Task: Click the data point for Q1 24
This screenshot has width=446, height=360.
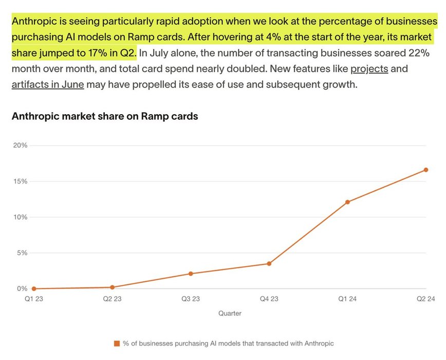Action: (x=347, y=202)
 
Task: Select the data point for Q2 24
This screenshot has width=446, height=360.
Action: (x=426, y=170)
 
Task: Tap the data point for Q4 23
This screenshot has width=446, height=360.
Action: (x=269, y=264)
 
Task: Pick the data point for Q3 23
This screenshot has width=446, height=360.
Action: (x=191, y=274)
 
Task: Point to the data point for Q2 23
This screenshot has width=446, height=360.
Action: (x=112, y=287)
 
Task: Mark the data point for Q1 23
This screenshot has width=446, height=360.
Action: (x=34, y=289)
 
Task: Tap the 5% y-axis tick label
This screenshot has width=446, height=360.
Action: (x=22, y=253)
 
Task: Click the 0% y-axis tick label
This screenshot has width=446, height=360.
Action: (x=22, y=289)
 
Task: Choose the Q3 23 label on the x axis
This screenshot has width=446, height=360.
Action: (x=191, y=299)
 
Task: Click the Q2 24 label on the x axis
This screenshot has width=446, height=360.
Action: (x=425, y=299)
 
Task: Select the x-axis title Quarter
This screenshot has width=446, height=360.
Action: (x=230, y=313)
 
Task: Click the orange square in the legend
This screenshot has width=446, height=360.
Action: (x=117, y=343)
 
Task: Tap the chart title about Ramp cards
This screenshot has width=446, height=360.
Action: (x=104, y=117)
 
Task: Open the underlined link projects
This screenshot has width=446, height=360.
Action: (x=369, y=68)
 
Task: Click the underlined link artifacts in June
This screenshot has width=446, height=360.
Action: (x=48, y=84)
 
